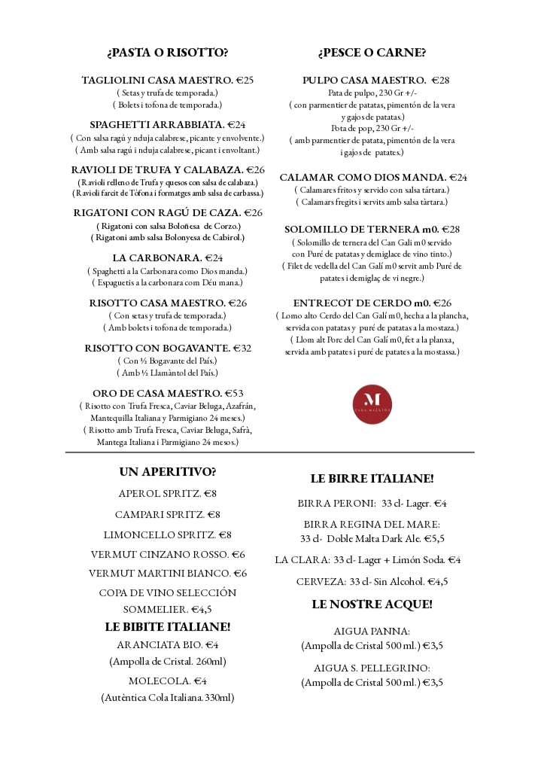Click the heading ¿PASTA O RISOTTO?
[167, 53]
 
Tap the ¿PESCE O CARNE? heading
[372, 53]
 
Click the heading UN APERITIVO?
[167, 472]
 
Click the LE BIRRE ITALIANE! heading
[372, 479]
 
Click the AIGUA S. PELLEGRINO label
[372, 668]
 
